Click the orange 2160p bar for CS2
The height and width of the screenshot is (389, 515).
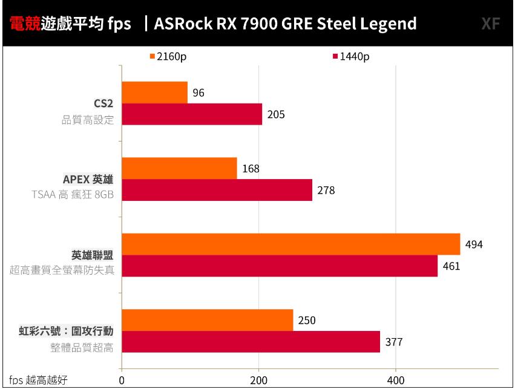point(154,93)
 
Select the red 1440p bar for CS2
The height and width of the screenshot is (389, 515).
point(192,114)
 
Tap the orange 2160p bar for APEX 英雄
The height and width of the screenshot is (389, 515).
point(179,168)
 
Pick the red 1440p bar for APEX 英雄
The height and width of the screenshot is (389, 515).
point(217,190)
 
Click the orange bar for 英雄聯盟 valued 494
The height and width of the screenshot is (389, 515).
point(290,244)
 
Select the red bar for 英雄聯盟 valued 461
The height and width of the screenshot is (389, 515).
point(280,266)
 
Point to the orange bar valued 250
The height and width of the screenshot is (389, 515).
point(207,320)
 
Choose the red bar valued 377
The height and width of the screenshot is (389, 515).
point(251,342)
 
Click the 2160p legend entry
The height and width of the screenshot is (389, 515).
point(168,57)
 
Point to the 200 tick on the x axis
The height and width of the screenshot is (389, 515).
point(259,380)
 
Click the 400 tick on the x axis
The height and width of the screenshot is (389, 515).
point(396,380)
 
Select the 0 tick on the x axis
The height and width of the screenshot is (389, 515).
point(122,380)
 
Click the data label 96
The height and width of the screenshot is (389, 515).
point(198,93)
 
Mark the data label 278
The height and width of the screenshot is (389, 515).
point(326,191)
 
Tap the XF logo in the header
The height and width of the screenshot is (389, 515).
point(490,24)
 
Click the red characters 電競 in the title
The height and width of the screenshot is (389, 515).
point(25,24)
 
